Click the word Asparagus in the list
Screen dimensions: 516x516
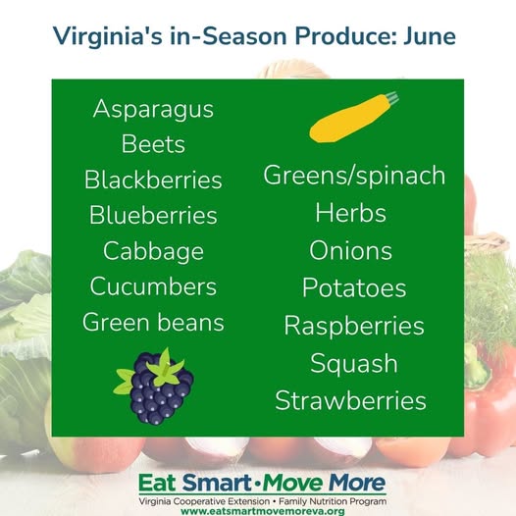(x=153, y=110)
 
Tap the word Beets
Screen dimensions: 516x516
(x=153, y=144)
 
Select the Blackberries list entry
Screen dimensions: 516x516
(x=153, y=180)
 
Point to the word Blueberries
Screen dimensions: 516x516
(x=153, y=215)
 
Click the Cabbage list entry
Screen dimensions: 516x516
(x=153, y=252)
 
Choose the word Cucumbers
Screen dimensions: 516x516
(x=153, y=286)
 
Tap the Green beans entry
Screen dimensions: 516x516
(x=153, y=322)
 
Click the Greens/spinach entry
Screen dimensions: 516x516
(x=354, y=176)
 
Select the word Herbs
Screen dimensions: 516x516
(x=351, y=213)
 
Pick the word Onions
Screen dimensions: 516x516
(x=351, y=250)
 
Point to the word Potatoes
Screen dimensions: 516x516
(x=354, y=287)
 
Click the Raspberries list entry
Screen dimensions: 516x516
(x=354, y=326)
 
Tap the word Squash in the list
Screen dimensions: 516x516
(x=354, y=364)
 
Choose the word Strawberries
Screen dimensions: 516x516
(x=351, y=400)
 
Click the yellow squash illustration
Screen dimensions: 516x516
(x=354, y=118)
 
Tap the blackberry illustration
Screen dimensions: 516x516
(x=154, y=387)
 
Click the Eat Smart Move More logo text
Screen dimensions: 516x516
(x=262, y=483)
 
